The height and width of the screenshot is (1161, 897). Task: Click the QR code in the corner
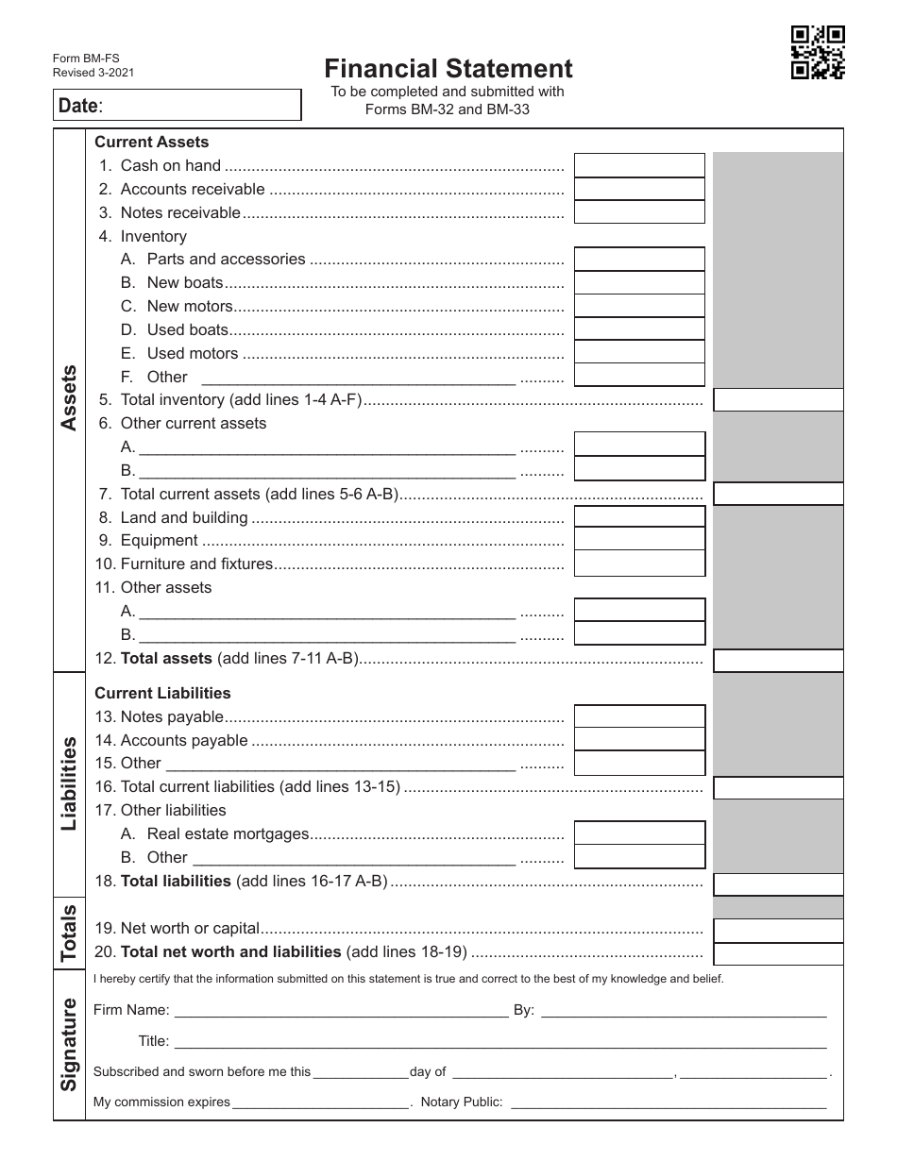click(817, 53)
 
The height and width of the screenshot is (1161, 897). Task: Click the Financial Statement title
click(448, 69)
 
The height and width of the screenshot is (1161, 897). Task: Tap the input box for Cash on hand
click(639, 165)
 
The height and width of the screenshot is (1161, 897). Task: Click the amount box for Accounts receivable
click(639, 189)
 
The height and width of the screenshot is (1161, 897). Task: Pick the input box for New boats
click(639, 282)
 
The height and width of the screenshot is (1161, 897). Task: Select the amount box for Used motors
click(639, 352)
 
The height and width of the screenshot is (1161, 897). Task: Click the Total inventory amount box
click(778, 400)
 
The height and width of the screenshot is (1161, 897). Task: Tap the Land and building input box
click(639, 517)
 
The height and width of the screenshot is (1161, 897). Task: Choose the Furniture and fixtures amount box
click(639, 564)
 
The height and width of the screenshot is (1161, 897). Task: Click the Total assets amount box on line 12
click(778, 660)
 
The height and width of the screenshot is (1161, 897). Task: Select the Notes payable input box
click(639, 717)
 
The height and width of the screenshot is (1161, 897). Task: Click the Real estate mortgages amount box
click(639, 833)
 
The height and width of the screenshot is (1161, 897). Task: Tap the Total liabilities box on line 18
click(778, 884)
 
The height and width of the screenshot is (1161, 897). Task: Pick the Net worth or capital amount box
click(778, 931)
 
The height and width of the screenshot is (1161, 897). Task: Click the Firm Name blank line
click(341, 1011)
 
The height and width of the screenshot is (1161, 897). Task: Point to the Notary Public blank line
click(669, 1102)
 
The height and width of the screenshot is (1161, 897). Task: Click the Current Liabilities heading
click(162, 693)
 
